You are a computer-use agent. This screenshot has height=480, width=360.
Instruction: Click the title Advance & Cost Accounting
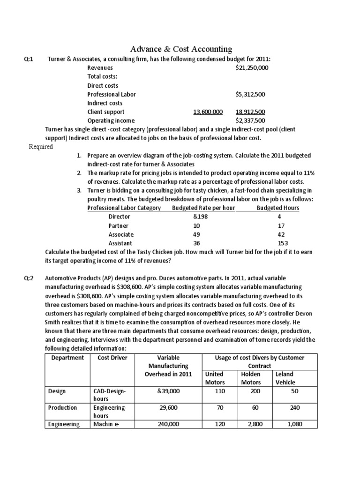[180, 49]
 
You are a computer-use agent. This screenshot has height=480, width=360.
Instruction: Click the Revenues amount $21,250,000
[252, 68]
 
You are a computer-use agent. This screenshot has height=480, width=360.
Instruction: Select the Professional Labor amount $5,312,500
[250, 94]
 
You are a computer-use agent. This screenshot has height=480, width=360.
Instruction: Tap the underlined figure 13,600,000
[208, 112]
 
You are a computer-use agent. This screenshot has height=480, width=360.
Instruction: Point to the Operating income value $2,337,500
[250, 120]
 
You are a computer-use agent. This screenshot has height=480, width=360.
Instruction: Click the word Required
[41, 147]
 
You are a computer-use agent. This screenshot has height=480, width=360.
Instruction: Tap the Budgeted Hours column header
[278, 208]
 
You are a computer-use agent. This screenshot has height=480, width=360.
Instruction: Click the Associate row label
[121, 234]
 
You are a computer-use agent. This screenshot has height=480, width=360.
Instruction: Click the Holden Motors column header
[250, 378]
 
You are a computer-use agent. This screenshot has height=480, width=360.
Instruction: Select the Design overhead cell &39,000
[169, 391]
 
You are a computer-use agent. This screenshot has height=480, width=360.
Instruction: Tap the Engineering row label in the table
[64, 425]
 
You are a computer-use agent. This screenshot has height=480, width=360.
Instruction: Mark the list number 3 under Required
[79, 190]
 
